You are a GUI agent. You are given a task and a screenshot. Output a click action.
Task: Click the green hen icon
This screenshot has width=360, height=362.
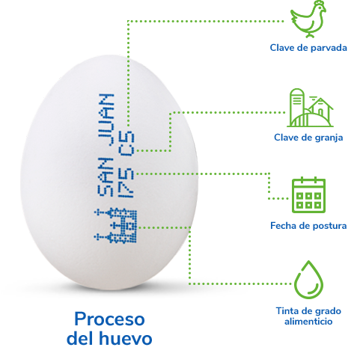tap(308, 19)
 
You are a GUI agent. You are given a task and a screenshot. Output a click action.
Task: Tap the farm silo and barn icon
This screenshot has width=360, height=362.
tap(310, 108)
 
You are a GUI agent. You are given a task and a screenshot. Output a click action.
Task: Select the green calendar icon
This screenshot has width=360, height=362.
tap(308, 195)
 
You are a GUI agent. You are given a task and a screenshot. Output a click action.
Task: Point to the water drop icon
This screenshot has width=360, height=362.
tap(308, 280)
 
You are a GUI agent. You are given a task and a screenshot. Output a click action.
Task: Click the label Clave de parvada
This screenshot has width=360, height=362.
tap(308, 48)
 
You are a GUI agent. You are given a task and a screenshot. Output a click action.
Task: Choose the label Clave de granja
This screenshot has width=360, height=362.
tap(308, 138)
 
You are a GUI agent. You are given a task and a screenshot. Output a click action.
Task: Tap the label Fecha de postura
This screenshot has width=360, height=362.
tap(308, 226)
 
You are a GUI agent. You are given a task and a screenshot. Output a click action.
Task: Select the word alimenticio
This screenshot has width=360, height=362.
tap(308, 322)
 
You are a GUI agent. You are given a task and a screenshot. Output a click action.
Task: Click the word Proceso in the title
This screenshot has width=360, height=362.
tap(109, 319)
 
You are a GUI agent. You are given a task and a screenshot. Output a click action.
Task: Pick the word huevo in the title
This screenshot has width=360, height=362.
tap(125, 338)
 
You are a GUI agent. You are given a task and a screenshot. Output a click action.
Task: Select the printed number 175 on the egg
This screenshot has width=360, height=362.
tap(126, 183)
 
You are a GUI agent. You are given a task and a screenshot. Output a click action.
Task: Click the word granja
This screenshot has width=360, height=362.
tap(329, 138)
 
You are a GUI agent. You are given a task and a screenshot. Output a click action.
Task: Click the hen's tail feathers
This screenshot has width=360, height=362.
tap(295, 15)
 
